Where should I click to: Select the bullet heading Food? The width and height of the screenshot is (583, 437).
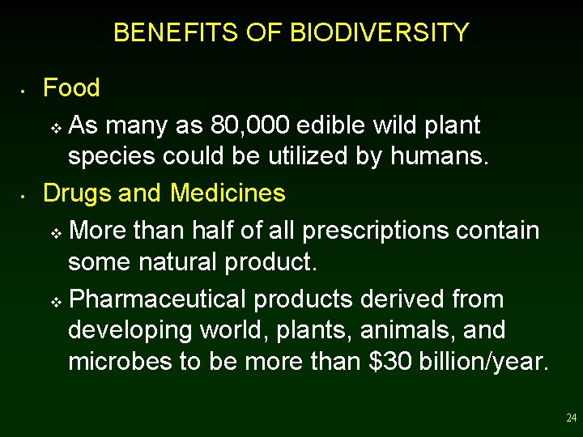point(71,87)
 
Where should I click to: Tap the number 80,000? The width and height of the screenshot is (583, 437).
point(250,125)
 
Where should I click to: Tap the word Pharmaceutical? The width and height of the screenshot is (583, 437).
point(159,299)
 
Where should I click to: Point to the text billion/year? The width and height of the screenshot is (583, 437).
point(484,362)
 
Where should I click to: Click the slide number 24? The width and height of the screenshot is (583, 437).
point(571,418)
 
